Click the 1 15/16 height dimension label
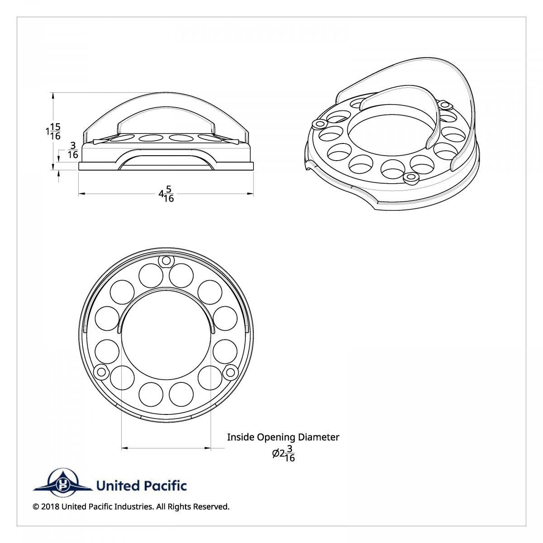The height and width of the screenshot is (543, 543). [54, 131]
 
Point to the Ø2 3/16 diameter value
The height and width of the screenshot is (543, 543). [284, 453]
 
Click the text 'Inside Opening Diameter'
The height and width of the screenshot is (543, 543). [283, 437]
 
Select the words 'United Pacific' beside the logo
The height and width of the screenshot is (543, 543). [141, 486]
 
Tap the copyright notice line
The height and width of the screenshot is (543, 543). [131, 506]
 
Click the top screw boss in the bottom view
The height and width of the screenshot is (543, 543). [167, 260]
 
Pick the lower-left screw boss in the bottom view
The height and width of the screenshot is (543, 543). [100, 372]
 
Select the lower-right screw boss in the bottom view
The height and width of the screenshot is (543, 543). [231, 372]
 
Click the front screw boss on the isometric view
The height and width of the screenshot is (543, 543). [411, 177]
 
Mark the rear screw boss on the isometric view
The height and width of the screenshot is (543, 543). [446, 105]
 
